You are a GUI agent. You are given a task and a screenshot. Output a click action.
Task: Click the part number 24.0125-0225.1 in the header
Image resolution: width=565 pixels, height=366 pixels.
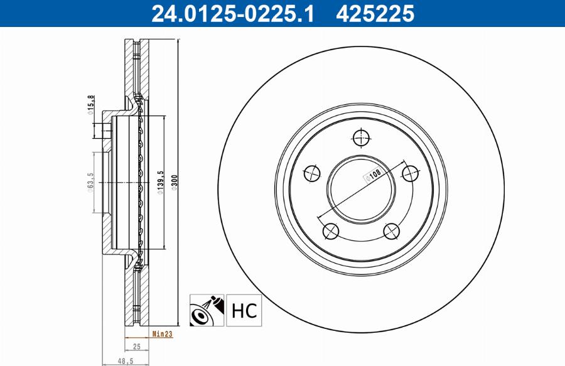[x=232, y=13]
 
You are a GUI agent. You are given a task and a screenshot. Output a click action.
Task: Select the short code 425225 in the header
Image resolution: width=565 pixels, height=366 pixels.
[x=375, y=13]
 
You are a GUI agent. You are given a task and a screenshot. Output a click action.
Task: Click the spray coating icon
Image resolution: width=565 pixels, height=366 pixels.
[x=206, y=310]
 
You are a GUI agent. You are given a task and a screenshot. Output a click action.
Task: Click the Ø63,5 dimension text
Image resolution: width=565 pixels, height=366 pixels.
[x=91, y=183]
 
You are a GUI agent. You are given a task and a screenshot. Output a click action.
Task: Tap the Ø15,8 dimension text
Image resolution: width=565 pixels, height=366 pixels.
[x=91, y=105]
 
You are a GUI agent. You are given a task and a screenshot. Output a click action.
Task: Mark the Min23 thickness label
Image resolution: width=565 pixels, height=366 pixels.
[x=162, y=335]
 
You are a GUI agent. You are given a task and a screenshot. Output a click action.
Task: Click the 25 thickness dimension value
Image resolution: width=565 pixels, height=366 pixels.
[x=137, y=347]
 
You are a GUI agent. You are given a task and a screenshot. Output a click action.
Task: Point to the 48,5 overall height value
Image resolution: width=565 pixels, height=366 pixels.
[x=126, y=362]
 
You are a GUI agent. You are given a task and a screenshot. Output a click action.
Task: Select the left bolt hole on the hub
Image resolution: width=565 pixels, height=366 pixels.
[x=312, y=173]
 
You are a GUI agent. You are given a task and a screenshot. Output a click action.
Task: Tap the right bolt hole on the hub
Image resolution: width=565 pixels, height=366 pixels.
[x=411, y=173]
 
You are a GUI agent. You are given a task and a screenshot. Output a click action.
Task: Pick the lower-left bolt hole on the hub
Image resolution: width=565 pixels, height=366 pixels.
[x=331, y=232]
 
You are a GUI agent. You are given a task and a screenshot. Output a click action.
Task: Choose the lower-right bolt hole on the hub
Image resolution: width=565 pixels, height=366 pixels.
[x=392, y=232]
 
